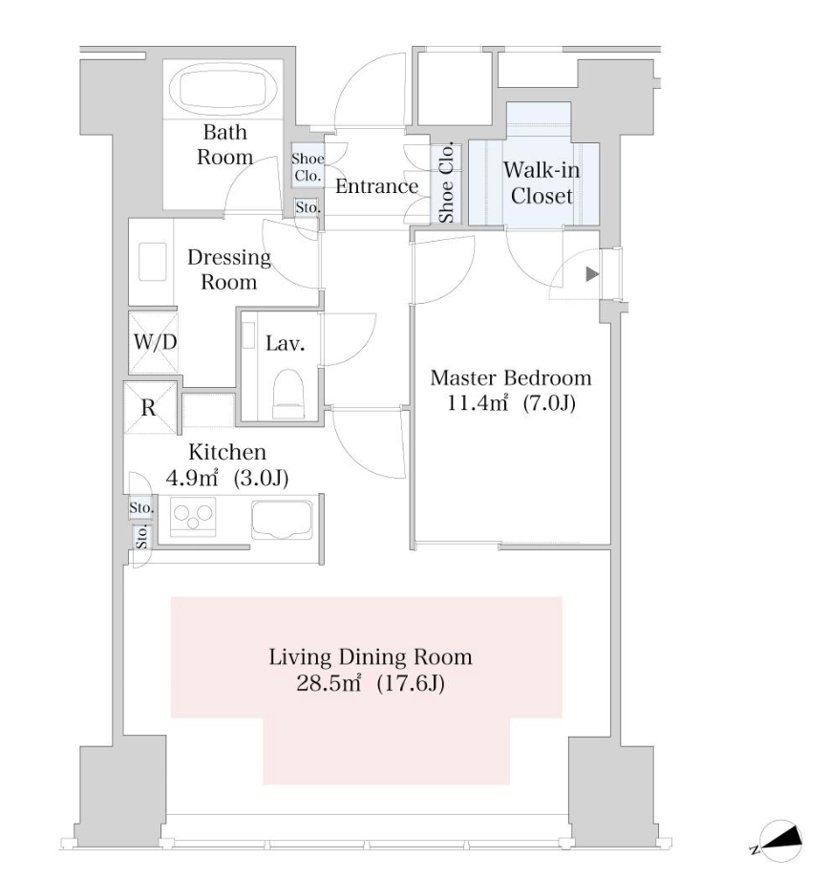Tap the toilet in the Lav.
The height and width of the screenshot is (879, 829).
(288, 393)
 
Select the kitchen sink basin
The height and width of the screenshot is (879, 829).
(282, 519)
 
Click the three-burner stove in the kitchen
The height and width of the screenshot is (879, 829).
(193, 517)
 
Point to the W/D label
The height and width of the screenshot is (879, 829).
(155, 341)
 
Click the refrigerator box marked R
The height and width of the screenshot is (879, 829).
(150, 408)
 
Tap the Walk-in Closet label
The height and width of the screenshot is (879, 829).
(542, 182)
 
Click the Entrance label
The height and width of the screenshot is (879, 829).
(376, 186)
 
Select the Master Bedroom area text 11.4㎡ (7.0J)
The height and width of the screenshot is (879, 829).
(511, 403)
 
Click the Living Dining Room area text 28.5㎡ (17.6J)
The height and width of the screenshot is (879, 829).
(370, 683)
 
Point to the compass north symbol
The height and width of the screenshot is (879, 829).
(778, 842)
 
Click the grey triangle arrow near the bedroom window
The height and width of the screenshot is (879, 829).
(592, 274)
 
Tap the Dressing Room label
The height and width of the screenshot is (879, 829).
(228, 269)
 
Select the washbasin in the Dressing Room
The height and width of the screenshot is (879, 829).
(153, 261)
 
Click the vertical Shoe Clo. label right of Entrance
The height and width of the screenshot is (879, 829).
(446, 183)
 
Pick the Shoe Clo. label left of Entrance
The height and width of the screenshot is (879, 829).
(308, 167)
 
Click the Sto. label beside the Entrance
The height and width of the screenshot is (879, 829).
(308, 207)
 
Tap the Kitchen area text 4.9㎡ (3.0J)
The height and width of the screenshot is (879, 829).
(227, 478)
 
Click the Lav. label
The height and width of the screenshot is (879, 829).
(285, 343)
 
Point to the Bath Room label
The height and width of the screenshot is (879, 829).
(224, 144)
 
